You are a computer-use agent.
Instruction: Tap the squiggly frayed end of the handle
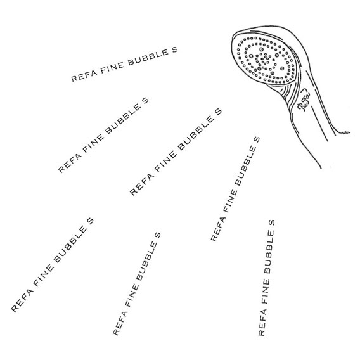click(345, 132)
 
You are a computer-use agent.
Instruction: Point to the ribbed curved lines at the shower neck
click(285, 93)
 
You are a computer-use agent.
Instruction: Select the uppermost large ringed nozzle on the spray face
click(261, 49)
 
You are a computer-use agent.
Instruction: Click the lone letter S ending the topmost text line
click(174, 50)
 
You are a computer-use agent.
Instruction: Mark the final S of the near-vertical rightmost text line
click(272, 222)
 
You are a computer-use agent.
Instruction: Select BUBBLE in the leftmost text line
click(71, 245)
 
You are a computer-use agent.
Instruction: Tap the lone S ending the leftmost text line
click(90, 221)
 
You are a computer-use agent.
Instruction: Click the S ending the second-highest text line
click(145, 100)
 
